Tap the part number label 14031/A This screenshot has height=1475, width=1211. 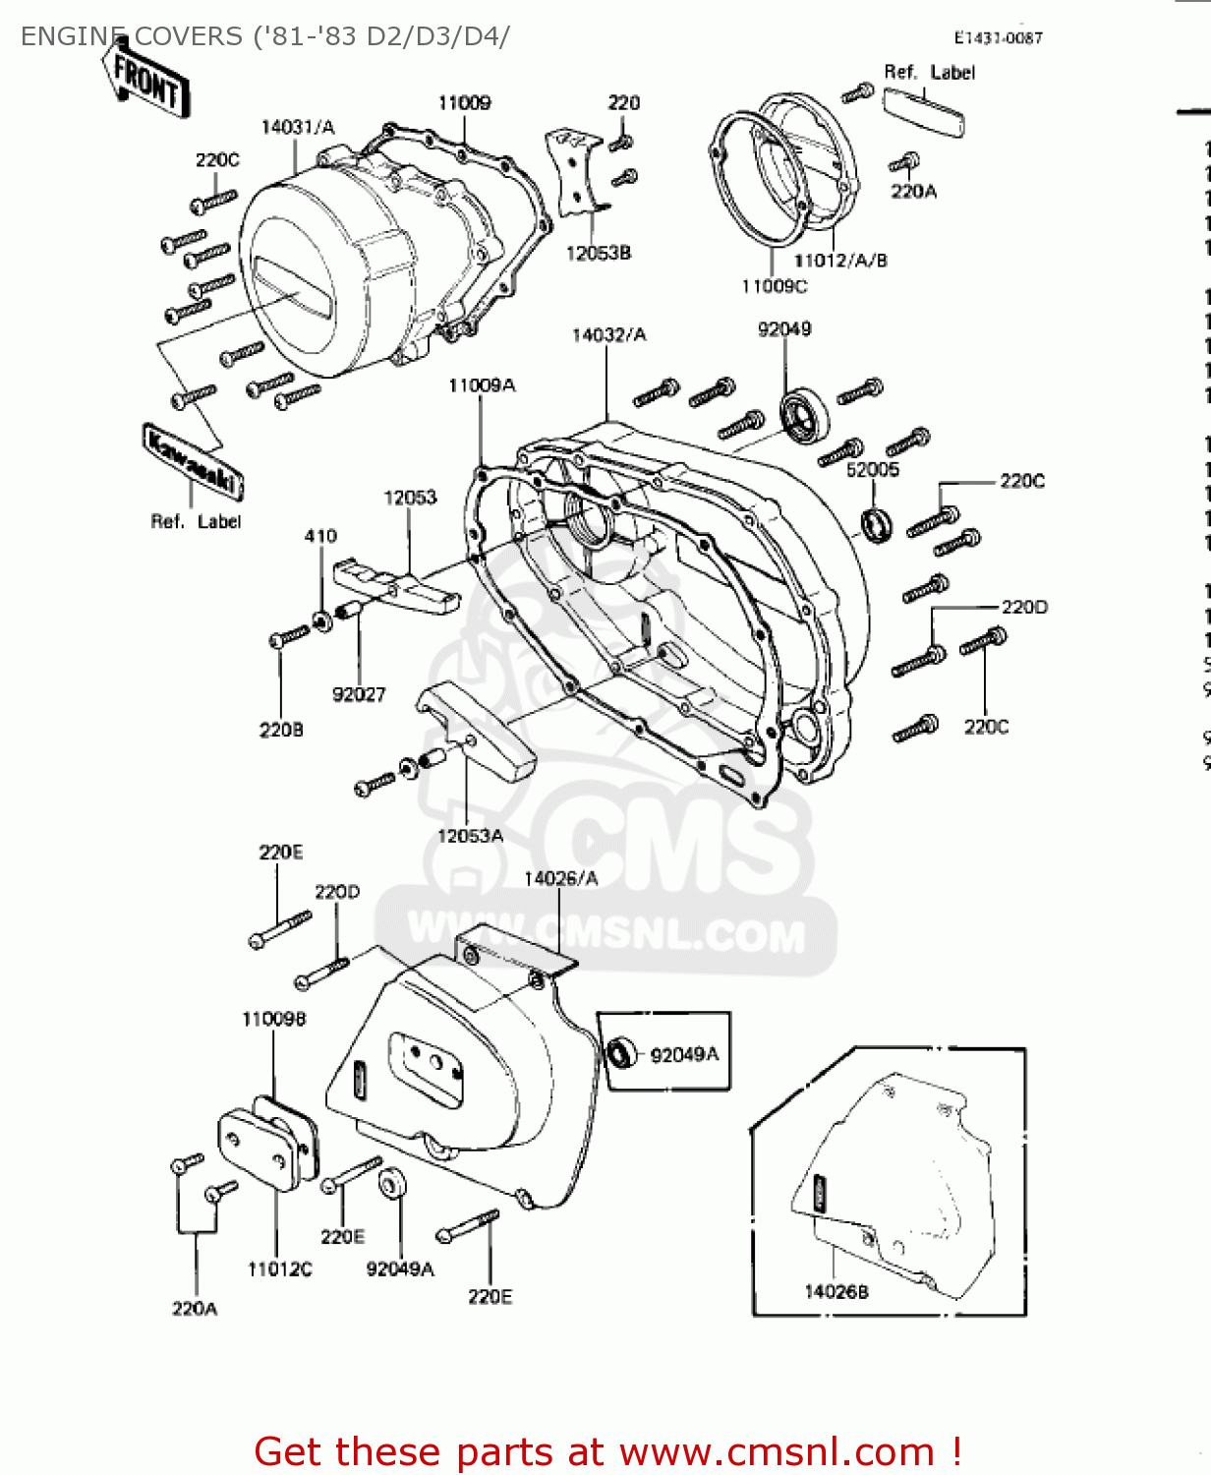click(x=297, y=127)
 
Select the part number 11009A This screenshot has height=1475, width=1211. click(x=481, y=385)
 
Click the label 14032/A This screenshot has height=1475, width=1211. click(x=608, y=335)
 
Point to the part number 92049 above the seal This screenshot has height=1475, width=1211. click(x=784, y=328)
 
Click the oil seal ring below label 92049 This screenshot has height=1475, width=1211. click(x=804, y=416)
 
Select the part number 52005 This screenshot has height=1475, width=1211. click(x=872, y=470)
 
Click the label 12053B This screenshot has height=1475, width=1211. click(x=598, y=254)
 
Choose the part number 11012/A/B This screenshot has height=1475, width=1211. click(x=840, y=261)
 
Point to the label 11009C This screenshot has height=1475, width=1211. click(x=774, y=286)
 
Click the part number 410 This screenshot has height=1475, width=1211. click(x=320, y=536)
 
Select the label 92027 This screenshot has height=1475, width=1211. click(x=359, y=694)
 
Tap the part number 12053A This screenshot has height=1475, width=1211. click(x=470, y=836)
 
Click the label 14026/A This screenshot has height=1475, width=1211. click(x=560, y=878)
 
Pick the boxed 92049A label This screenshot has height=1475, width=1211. click(x=684, y=1054)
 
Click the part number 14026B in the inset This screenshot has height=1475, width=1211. click(x=836, y=1291)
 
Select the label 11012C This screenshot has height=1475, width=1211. click(x=279, y=1269)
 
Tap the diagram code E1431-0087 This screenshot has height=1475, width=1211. click(x=998, y=37)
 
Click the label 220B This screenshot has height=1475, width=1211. click(x=281, y=730)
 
